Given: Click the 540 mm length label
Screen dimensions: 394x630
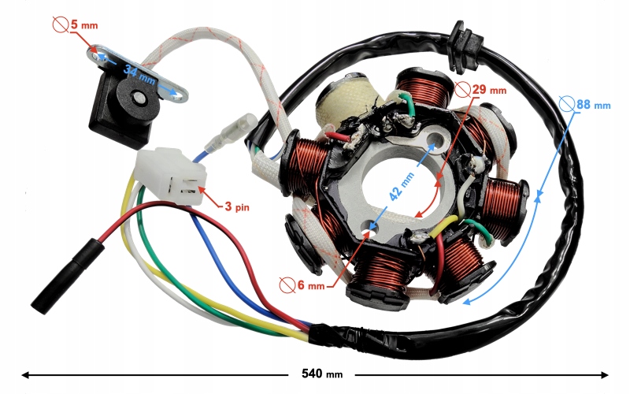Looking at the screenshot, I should [x=323, y=374].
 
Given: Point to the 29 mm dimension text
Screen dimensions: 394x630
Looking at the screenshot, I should [x=486, y=90].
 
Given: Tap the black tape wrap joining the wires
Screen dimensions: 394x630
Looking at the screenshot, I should [x=332, y=337].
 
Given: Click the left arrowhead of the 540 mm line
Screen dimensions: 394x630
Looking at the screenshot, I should [x=26, y=374].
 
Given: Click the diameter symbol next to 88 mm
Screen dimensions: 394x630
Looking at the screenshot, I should [x=565, y=102].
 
